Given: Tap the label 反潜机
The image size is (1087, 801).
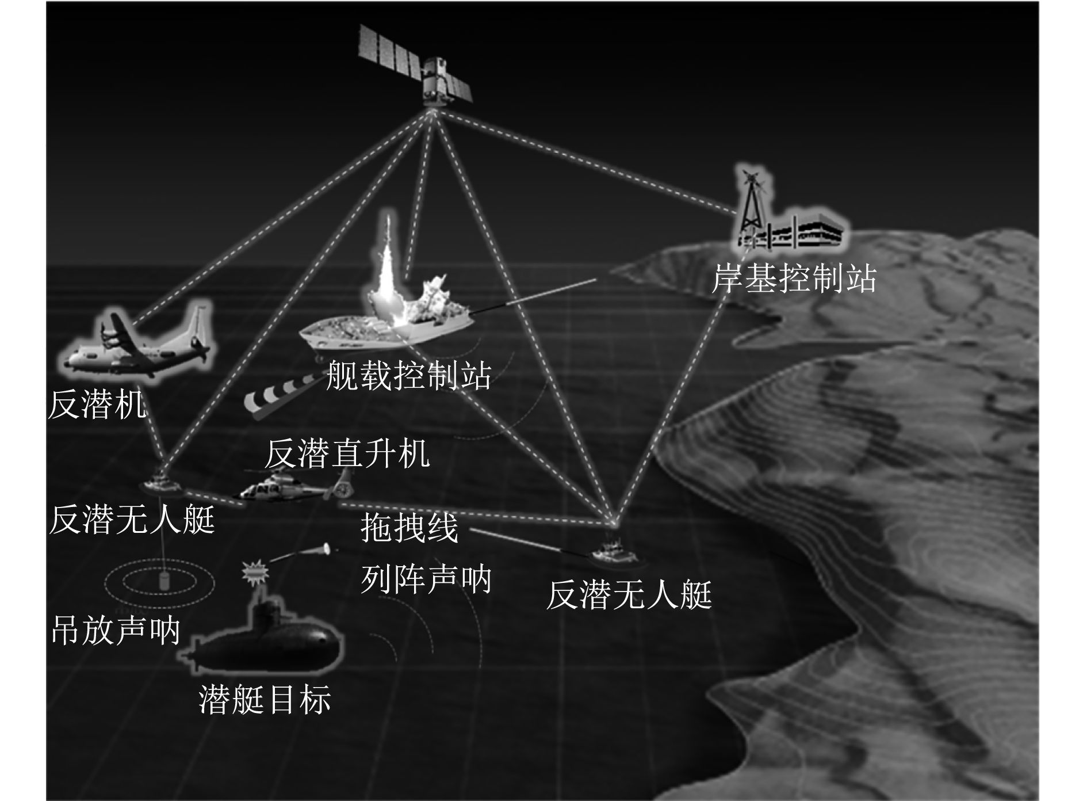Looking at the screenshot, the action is point(97,405).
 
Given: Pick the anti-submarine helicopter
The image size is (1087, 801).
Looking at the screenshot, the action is point(293,487).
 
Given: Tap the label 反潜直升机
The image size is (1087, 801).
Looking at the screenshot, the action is point(347,453).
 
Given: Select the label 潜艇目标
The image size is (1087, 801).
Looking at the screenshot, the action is point(265,699).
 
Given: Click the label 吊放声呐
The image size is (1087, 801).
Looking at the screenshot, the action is point(116,630).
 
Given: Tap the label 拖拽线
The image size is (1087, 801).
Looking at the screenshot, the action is point(409,528).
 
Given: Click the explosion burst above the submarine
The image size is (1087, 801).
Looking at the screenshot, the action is point(255,571).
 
